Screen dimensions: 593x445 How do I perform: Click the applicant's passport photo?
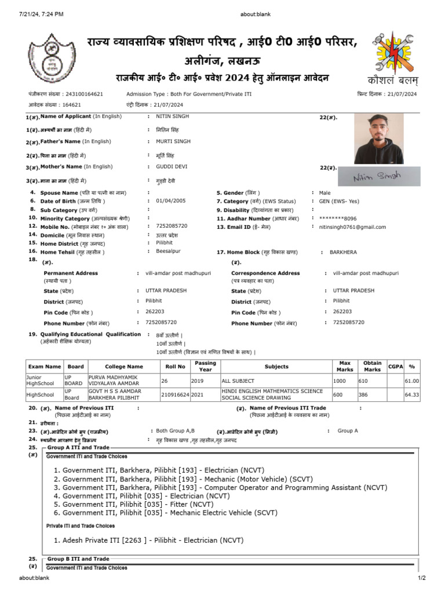click(379, 138)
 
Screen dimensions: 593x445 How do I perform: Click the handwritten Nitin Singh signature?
click(380, 177)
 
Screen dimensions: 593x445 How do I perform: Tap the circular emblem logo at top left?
click(52, 58)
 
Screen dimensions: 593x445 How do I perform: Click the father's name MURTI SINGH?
click(174, 141)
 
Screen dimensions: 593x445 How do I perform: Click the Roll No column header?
click(174, 367)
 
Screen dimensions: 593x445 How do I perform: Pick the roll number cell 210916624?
click(175, 394)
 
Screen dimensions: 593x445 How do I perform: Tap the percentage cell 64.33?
click(411, 394)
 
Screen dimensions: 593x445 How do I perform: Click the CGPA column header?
click(396, 367)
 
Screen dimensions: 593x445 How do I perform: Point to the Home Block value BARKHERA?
click(343, 252)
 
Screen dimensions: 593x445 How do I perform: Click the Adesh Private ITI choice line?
click(148, 540)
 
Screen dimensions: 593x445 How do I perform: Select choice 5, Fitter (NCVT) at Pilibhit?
click(134, 504)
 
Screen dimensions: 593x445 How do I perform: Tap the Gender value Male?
click(325, 192)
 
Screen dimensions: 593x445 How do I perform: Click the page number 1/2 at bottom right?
click(421, 578)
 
